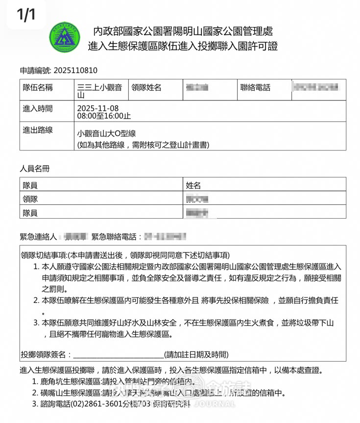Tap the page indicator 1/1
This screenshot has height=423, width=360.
click(x=26, y=14)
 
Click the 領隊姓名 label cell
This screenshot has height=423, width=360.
click(x=147, y=88)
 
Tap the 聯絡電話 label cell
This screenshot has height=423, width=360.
click(x=255, y=88)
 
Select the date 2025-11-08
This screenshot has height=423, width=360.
click(x=98, y=108)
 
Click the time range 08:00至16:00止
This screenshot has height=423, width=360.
click(x=104, y=116)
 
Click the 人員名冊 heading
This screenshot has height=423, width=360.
click(x=35, y=169)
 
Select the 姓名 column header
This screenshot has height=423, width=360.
click(x=193, y=185)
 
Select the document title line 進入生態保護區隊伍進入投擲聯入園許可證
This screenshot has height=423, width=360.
click(x=183, y=47)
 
